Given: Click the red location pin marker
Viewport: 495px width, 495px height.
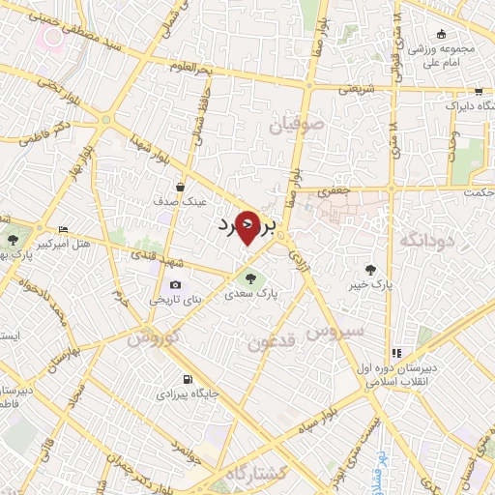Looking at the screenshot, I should click(x=248, y=227).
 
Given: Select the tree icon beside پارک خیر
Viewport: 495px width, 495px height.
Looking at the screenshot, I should click(x=371, y=270).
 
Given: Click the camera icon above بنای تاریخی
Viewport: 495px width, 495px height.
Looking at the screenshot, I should click(x=175, y=285).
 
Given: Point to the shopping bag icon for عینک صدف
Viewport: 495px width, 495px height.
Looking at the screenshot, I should click(x=181, y=187).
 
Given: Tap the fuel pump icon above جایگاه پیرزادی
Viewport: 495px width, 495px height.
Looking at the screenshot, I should click(x=188, y=379).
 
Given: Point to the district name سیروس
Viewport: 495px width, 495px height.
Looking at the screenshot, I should click(x=335, y=330).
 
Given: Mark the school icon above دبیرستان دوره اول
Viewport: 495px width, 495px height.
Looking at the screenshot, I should click(x=395, y=353).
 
